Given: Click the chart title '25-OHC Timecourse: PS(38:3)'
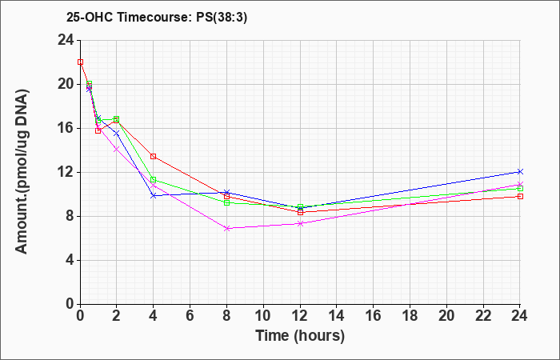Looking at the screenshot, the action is (157, 18).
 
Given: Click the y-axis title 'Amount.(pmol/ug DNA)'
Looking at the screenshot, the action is (22, 171).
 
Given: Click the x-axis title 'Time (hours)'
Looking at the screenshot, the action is (300, 336).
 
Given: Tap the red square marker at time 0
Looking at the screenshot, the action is (80, 62).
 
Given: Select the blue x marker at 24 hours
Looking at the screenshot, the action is (520, 172).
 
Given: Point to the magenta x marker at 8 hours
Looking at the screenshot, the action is (226, 228).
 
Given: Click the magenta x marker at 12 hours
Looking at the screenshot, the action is (300, 223).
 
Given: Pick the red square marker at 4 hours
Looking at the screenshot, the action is (154, 157).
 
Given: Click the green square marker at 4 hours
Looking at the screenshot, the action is (154, 180).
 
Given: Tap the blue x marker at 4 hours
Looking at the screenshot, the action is (154, 196).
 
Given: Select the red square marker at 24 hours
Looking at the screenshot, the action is (520, 197).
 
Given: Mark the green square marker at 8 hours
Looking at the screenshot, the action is (226, 202).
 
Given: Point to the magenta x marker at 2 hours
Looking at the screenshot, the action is (117, 149).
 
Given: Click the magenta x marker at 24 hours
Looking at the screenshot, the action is (520, 184).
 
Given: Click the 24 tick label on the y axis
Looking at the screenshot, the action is (66, 40).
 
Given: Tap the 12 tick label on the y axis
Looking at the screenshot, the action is (66, 172).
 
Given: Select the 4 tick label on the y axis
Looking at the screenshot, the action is (70, 260).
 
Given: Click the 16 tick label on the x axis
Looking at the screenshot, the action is (374, 316).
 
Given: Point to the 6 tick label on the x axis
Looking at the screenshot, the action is (190, 316).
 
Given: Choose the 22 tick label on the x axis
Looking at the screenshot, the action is (483, 316).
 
